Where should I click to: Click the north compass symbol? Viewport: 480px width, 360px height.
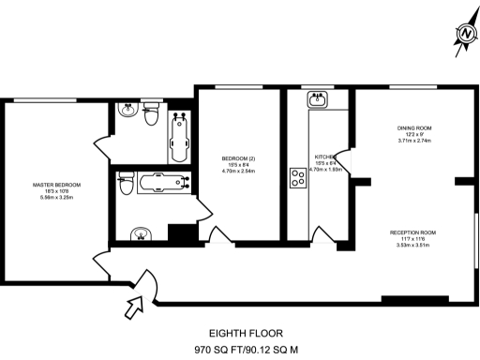(463, 35)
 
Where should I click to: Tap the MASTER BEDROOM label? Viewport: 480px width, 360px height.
(56, 185)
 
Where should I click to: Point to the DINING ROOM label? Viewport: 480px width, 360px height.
(412, 127)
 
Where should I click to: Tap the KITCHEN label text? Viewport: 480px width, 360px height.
(325, 157)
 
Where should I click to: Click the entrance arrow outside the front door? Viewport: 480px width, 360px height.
(134, 303)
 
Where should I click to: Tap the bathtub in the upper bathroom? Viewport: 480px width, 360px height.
(178, 138)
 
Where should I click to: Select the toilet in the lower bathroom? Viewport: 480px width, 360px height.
(124, 187)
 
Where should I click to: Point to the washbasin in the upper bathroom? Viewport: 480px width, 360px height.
(129, 108)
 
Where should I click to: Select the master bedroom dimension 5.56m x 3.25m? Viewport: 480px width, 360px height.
(56, 198)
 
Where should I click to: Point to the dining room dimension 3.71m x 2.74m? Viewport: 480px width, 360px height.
(412, 141)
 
